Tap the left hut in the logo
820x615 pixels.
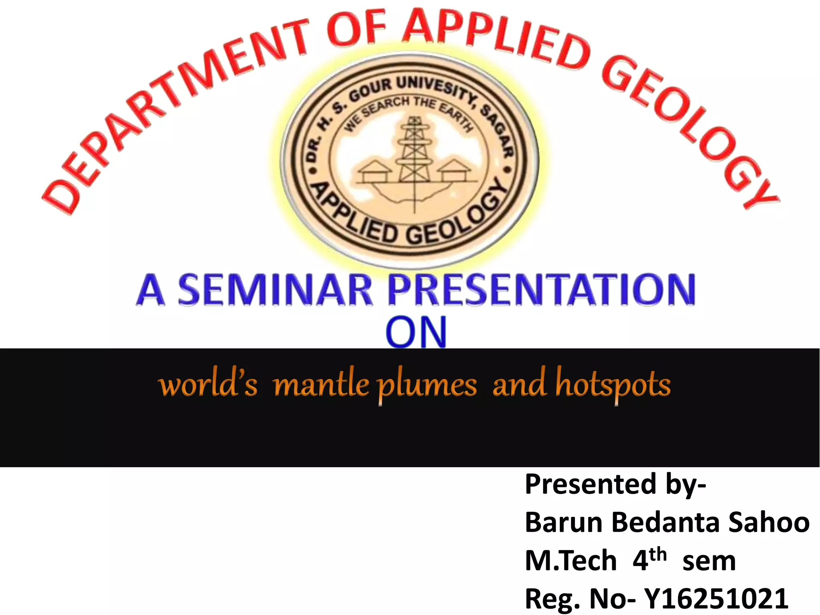[374, 171]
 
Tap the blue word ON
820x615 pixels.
[416, 332]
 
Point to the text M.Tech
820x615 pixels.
[571, 561]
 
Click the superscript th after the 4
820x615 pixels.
[658, 555]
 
